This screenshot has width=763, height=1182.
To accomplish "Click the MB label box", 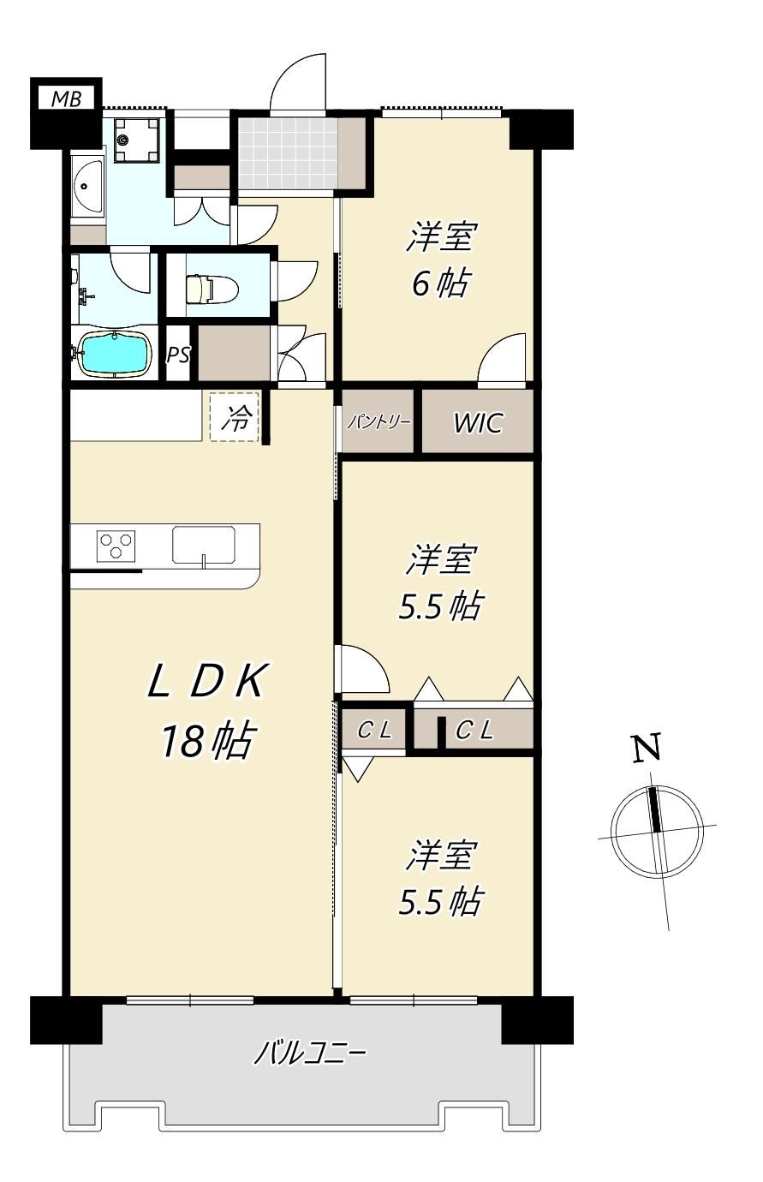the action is pyautogui.click(x=66, y=98).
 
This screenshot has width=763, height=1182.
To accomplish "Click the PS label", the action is pyautogui.click(x=178, y=355).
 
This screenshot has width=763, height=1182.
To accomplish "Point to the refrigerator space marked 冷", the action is pyautogui.click(x=235, y=417).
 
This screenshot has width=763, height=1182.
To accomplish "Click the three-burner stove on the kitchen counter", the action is pyautogui.click(x=116, y=546).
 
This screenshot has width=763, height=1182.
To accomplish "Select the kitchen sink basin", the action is pyautogui.click(x=204, y=546).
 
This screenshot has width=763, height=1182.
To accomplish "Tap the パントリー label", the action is pyautogui.click(x=378, y=422).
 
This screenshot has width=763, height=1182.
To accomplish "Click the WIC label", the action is pyautogui.click(x=478, y=422).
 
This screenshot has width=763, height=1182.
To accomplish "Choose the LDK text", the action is pyautogui.click(x=206, y=681).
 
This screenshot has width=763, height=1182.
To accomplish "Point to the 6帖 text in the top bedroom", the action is pyautogui.click(x=440, y=283).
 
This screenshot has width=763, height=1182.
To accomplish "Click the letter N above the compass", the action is pyautogui.click(x=647, y=748).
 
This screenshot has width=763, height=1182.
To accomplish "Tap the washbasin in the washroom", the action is pyautogui.click(x=88, y=187).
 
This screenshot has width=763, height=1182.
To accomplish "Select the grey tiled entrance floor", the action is pyautogui.click(x=288, y=153).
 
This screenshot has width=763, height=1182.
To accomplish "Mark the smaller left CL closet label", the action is pyautogui.click(x=374, y=731).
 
